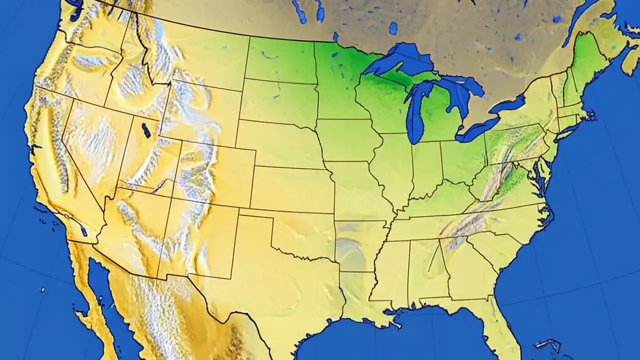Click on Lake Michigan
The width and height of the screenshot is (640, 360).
click(x=415, y=112)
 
